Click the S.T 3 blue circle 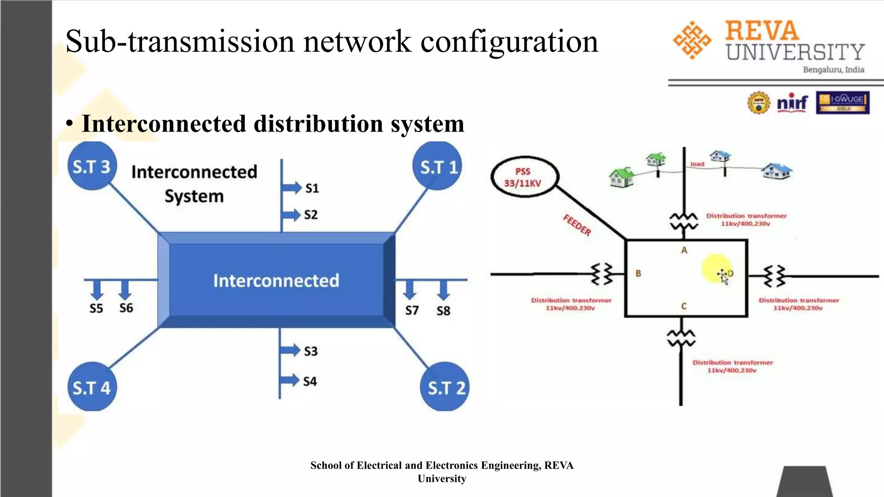[x=92, y=166]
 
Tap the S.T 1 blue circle [x=438, y=167]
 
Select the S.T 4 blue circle [x=92, y=387]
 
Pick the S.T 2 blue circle [x=445, y=387]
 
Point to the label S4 [x=310, y=381]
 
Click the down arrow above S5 [x=97, y=289]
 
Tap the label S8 [x=443, y=311]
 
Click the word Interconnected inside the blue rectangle [x=276, y=280]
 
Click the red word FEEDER [x=577, y=225]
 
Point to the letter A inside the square [x=684, y=250]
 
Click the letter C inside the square [x=684, y=306]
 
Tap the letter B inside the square [x=638, y=274]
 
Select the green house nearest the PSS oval [x=622, y=177]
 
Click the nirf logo [x=792, y=103]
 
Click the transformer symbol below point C [x=681, y=338]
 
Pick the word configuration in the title [x=509, y=41]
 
